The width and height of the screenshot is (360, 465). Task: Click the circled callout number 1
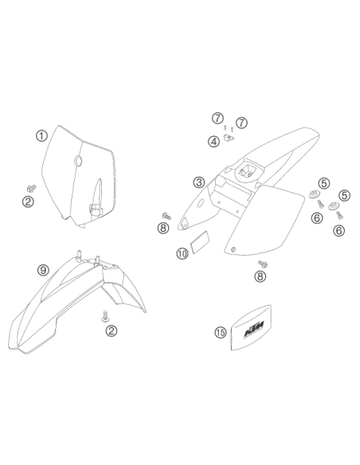point(41,136)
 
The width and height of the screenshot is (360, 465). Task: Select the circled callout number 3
point(199,182)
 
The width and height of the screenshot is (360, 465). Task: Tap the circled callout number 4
point(213,142)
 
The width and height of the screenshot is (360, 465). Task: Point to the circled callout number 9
point(43,270)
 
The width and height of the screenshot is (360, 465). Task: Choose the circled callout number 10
point(182,253)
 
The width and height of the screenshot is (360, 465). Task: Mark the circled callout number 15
point(221,332)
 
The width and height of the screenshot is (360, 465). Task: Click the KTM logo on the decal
point(254,329)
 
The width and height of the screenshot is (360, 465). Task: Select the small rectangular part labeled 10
point(201,243)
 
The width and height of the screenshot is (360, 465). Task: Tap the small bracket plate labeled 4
point(228,138)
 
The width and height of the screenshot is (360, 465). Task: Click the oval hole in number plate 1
point(78,161)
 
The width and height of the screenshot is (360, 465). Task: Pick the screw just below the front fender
point(105,316)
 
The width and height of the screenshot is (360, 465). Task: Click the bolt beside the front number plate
point(31,188)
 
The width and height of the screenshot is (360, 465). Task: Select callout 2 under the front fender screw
point(112,330)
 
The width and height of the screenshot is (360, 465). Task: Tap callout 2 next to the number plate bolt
point(28,202)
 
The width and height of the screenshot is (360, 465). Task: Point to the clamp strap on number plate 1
point(96,209)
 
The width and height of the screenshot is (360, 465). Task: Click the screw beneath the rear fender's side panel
point(263,264)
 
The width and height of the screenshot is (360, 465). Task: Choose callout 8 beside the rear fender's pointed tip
point(163,228)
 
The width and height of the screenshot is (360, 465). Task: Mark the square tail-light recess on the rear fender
point(247,170)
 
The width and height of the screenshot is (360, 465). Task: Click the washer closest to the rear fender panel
point(314,194)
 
